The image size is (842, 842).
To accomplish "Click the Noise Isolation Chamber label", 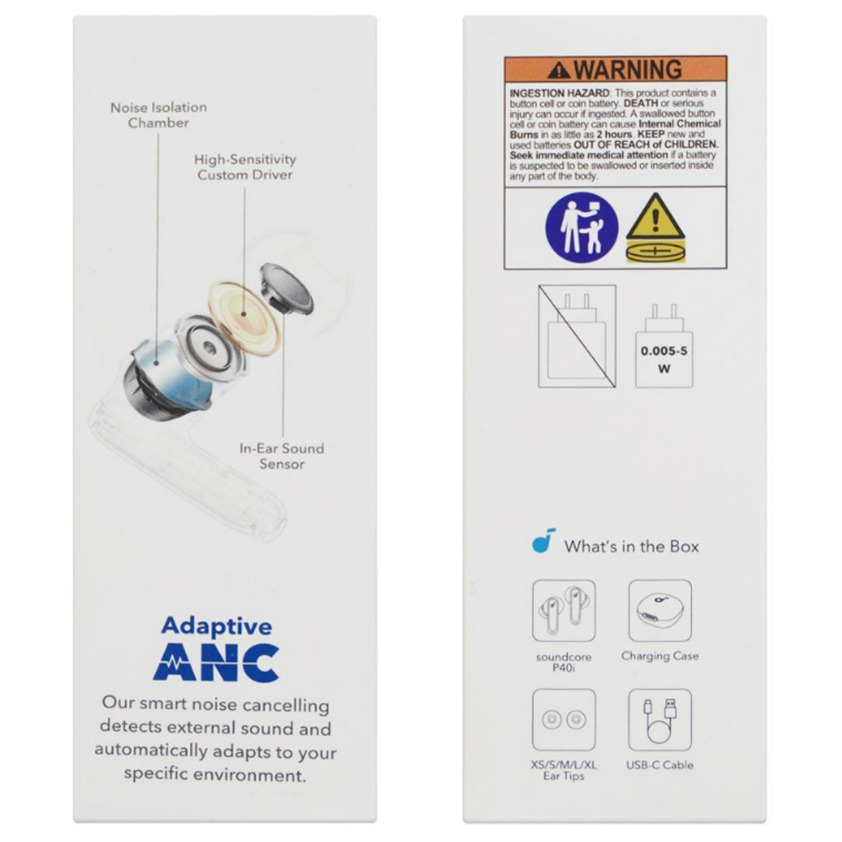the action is click(x=159, y=115).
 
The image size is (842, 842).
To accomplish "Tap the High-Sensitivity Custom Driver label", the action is click(x=245, y=166).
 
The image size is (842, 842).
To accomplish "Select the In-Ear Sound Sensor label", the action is click(x=282, y=456).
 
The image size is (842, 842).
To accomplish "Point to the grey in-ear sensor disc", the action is click(x=287, y=289).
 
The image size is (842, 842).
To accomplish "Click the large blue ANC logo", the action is click(x=216, y=663).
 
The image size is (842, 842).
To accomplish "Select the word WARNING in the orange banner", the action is click(x=628, y=69).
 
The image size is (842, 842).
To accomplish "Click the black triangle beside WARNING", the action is click(x=559, y=71).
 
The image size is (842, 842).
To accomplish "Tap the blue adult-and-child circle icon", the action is click(x=582, y=227).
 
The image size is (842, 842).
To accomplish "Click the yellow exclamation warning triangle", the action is click(x=655, y=216).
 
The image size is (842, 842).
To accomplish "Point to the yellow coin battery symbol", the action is click(x=655, y=252).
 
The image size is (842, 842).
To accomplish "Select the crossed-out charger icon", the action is click(x=577, y=336).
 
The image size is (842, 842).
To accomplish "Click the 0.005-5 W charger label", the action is click(x=664, y=359).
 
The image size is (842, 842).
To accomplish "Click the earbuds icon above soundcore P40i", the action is click(x=563, y=610).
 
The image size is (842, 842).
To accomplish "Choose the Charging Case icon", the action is click(x=660, y=610).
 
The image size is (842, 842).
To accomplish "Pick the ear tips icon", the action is click(x=563, y=720).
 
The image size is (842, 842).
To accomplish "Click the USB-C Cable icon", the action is click(x=660, y=720).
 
